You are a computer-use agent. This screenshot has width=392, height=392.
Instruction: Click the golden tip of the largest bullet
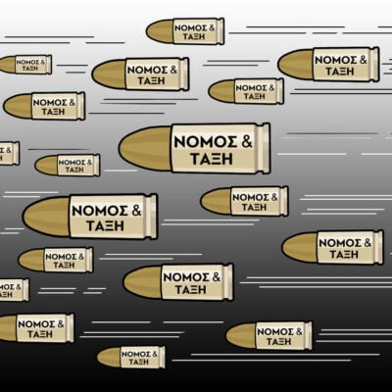(145, 149)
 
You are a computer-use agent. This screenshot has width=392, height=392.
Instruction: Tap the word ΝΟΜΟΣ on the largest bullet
(205, 142)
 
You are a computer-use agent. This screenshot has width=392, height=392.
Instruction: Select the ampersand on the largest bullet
(247, 141)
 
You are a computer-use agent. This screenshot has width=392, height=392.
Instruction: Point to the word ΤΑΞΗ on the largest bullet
(212, 159)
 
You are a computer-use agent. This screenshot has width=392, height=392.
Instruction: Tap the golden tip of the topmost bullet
(160, 31)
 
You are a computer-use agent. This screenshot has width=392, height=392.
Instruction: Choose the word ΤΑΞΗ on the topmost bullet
(194, 36)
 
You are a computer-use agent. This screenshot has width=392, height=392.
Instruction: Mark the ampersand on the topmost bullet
(212, 28)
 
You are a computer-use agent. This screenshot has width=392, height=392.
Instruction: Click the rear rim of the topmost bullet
(220, 31)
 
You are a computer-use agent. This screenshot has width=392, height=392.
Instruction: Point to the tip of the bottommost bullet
(109, 357)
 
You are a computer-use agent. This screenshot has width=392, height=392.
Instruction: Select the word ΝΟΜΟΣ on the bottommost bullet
(136, 354)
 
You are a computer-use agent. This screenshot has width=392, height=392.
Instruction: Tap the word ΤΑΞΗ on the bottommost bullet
(139, 362)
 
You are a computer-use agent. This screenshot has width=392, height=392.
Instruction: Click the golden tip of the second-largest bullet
(46, 217)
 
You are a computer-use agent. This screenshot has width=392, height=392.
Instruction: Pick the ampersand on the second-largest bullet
(136, 210)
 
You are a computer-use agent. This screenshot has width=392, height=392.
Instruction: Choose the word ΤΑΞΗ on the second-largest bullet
(105, 225)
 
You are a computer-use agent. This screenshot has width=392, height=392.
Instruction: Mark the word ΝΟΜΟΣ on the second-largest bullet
(100, 211)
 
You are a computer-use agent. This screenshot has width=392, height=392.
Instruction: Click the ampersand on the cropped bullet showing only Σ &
(8, 150)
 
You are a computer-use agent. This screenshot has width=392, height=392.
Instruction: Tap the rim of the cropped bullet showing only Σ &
(16, 153)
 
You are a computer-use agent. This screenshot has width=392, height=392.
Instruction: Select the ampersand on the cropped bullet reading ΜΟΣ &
(18, 287)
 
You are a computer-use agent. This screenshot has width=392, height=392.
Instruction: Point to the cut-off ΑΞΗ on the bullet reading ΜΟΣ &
(6, 294)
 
